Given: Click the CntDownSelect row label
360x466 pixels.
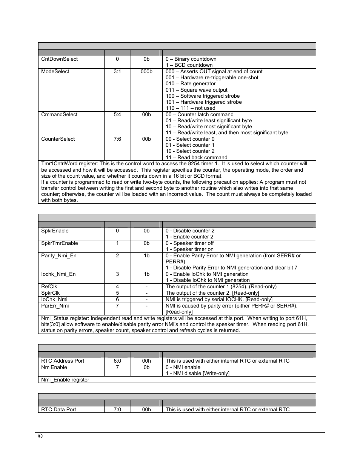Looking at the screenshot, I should click(x=59, y=59).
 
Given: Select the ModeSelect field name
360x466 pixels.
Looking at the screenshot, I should click(x=55, y=72).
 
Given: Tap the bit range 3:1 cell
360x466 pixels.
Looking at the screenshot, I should click(x=117, y=72).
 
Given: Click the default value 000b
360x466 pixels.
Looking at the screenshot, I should click(x=146, y=72).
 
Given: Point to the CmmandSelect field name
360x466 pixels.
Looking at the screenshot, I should click(x=59, y=115).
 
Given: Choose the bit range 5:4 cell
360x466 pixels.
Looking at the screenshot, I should click(x=117, y=115).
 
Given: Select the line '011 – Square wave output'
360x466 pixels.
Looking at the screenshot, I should click(x=196, y=90).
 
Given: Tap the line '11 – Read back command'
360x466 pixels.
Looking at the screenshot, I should click(x=196, y=158).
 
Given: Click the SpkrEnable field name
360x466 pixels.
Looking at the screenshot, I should click(x=54, y=231).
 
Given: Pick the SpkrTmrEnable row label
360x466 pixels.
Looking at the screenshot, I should click(x=59, y=243).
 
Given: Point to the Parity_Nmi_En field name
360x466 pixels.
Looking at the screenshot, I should click(x=58, y=256).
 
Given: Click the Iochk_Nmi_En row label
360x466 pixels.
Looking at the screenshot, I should click(x=58, y=274).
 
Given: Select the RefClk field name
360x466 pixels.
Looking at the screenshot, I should click(x=49, y=287).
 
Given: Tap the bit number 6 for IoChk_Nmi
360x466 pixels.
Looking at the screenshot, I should click(x=117, y=299).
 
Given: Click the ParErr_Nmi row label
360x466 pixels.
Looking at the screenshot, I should click(x=55, y=306).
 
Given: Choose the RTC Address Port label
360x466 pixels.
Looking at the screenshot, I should click(x=63, y=361).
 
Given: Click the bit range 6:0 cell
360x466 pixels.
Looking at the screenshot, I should click(x=117, y=361).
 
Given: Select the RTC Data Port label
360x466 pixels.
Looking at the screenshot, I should click(x=58, y=410).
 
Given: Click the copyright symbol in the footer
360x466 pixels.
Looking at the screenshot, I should click(x=40, y=436).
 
